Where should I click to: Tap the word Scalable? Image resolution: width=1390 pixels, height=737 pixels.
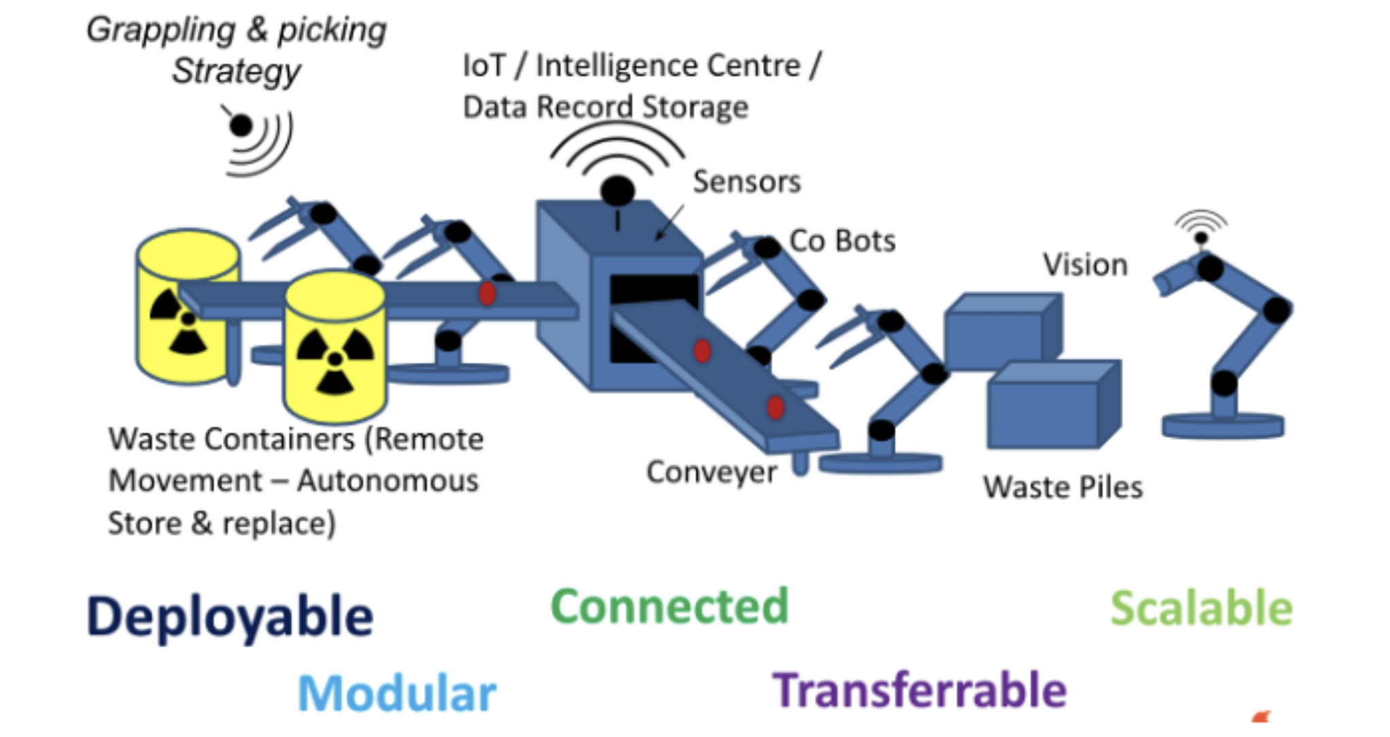tap(1201, 608)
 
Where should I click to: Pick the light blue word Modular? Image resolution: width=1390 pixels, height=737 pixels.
tap(397, 693)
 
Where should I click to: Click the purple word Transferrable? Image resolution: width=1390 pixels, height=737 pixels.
tap(919, 690)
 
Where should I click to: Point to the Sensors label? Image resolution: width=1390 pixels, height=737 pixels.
tap(746, 182)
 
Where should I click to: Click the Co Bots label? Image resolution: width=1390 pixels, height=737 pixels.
tap(842, 241)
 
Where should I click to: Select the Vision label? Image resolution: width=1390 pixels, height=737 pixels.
tap(1085, 265)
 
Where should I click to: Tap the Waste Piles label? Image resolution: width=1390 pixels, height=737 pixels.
tap(1062, 487)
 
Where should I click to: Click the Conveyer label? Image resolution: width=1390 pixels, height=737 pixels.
tap(712, 472)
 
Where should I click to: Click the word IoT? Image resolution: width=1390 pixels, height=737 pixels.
tap(484, 66)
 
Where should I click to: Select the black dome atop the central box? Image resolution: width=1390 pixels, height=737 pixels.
tap(617, 190)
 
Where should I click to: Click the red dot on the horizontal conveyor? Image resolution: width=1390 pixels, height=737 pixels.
tap(487, 294)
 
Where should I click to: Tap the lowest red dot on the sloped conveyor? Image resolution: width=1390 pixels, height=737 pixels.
tap(776, 407)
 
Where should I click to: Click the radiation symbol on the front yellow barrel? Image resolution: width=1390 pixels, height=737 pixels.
tap(334, 360)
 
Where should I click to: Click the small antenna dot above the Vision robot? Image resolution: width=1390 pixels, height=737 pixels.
tap(1201, 237)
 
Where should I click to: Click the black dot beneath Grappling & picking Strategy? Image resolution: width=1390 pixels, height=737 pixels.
tap(241, 126)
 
